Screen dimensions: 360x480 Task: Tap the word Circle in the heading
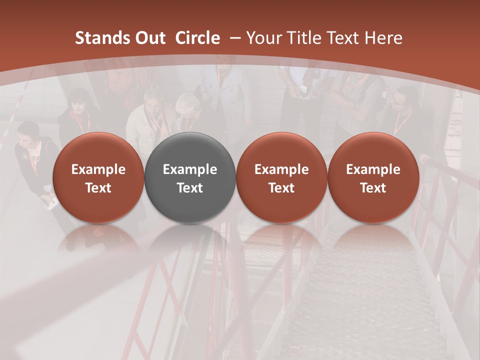(197, 38)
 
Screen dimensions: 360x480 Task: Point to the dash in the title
(233, 38)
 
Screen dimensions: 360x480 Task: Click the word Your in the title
(263, 38)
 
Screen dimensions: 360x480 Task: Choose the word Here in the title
(383, 38)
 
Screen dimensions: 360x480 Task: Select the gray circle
(190, 178)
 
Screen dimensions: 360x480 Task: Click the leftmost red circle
(98, 178)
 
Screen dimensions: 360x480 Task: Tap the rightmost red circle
(373, 178)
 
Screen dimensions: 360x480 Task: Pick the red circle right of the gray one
(281, 178)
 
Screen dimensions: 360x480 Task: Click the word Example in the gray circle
(190, 169)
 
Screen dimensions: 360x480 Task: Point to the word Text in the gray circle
(190, 188)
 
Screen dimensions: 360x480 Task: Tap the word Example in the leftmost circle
(98, 169)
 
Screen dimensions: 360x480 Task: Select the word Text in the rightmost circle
(373, 188)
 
